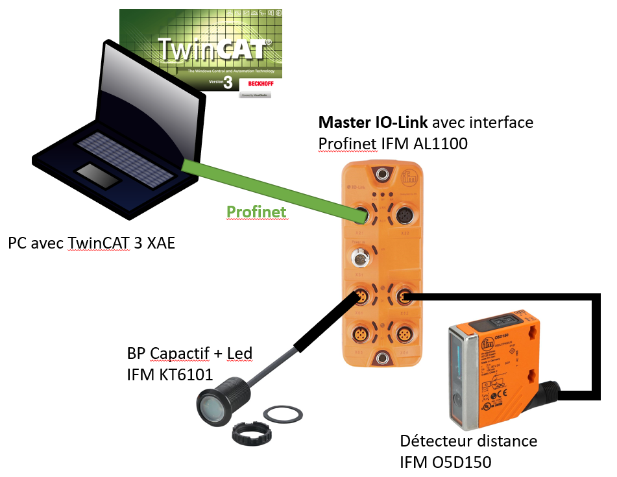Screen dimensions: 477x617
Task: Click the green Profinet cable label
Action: coord(256,212)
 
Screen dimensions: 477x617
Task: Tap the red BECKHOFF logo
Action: coord(256,85)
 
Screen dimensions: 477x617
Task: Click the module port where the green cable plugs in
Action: coord(361,214)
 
